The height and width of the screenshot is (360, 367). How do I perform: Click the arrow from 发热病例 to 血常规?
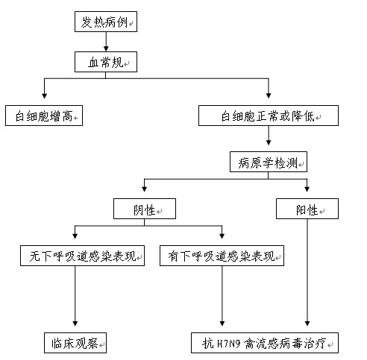click(106, 42)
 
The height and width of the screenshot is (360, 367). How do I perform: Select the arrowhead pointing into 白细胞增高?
click(44, 96)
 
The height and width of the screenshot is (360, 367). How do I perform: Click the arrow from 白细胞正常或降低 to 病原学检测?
click(269, 136)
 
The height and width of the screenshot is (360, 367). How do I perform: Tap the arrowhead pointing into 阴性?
click(144, 189)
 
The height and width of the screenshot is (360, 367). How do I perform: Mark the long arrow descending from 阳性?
click(307, 273)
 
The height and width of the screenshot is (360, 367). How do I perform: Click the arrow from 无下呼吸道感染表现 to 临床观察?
click(75, 296)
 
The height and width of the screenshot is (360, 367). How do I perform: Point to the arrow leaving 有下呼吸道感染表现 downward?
click(222, 296)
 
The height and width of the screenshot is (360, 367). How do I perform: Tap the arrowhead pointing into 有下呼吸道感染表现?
click(222, 236)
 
